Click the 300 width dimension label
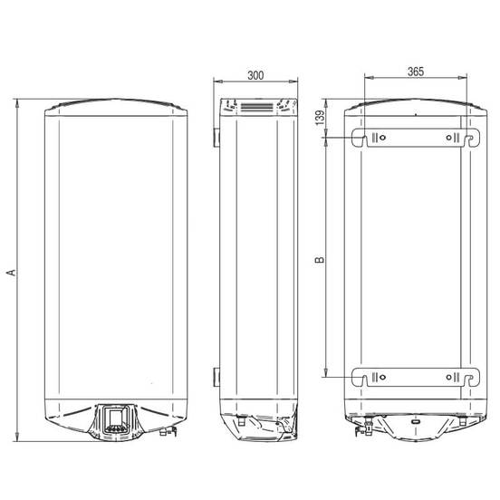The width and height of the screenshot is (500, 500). [x=255, y=75]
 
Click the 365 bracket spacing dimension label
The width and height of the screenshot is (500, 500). [x=416, y=72]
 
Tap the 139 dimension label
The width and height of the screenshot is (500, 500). [x=320, y=118]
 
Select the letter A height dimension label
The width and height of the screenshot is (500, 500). [x=11, y=273]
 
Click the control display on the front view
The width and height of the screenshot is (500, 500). [x=115, y=419]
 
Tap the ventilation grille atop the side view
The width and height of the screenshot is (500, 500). [x=257, y=107]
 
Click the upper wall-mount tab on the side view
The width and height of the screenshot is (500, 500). [x=216, y=138]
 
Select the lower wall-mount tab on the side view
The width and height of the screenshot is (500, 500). [x=216, y=377]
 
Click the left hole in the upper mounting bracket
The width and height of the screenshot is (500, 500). [x=382, y=138]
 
